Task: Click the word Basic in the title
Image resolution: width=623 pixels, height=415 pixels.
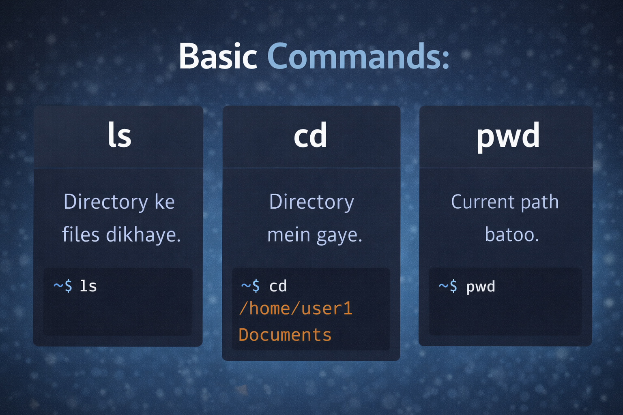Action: [218, 56]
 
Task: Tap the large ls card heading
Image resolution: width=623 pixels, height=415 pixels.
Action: [119, 136]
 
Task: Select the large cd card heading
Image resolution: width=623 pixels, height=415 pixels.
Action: [310, 136]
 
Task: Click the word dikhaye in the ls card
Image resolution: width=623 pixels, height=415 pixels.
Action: [143, 235]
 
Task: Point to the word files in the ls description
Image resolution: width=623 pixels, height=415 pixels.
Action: [81, 235]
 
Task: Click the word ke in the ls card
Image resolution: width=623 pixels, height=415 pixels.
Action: [164, 202]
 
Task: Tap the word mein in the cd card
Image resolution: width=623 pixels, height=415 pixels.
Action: [289, 235]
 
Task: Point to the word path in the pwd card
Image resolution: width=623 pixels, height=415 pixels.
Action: [539, 202]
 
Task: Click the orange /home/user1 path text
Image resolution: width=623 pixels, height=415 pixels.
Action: [296, 309]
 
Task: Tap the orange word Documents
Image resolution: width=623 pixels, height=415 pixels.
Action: [285, 335]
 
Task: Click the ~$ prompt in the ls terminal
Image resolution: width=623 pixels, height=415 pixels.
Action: [63, 286]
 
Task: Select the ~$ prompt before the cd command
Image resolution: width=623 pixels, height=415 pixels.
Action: [250, 286]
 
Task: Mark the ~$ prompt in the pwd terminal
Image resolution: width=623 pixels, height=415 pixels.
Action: [448, 287]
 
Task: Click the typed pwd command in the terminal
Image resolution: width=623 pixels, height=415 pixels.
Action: [481, 287]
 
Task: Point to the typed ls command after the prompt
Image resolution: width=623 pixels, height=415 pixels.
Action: [88, 286]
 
